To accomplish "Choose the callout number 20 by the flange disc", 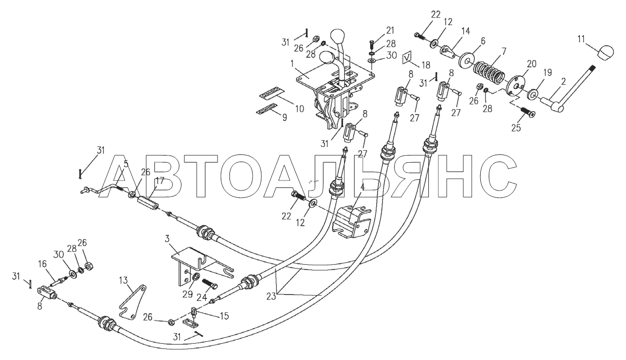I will (x=531, y=64).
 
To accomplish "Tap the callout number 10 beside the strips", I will (x=299, y=109).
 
